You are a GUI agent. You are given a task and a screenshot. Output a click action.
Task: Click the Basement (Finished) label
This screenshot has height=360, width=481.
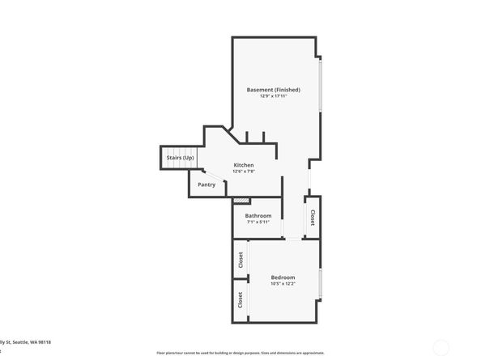click(x=275, y=89)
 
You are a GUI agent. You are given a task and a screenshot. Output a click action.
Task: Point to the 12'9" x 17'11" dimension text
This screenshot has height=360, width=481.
click(x=275, y=96)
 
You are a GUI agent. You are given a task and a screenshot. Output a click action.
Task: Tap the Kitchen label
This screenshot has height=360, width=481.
click(x=244, y=165)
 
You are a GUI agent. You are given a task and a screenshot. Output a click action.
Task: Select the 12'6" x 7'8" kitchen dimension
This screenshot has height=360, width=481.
click(x=244, y=172)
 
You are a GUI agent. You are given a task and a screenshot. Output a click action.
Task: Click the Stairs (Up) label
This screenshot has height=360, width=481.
click(x=180, y=157)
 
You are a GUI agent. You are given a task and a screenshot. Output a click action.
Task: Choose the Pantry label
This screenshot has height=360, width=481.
click(x=206, y=184)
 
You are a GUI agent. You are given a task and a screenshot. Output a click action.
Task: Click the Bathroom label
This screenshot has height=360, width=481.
click(x=258, y=215)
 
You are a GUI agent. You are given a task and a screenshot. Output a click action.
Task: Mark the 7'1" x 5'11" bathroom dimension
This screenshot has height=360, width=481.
click(x=258, y=222)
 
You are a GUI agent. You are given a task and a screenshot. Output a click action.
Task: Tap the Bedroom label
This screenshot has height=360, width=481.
click(x=283, y=277)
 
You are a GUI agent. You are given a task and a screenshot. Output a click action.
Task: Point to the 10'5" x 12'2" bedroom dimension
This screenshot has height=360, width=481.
click(x=283, y=284)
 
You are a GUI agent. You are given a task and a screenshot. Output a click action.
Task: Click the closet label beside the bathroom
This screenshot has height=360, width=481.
click(x=313, y=217)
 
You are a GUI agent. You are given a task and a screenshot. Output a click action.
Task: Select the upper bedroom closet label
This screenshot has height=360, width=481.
click(x=240, y=260)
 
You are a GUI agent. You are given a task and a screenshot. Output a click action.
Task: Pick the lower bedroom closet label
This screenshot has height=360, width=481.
click(x=240, y=299)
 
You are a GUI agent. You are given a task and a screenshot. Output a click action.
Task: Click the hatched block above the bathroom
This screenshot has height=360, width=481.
click(x=240, y=201)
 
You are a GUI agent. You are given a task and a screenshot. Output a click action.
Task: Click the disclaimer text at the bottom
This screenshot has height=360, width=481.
click(x=235, y=354)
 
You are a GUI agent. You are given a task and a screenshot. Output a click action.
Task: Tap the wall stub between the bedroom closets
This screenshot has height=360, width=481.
click(x=240, y=279)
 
